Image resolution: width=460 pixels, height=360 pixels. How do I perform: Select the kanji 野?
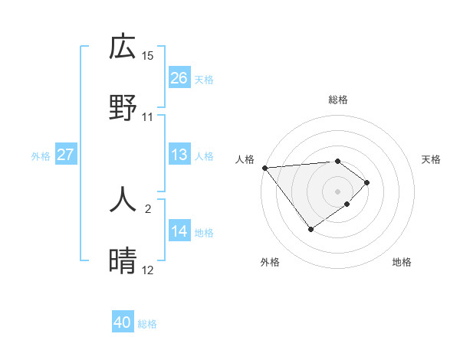point(123,107)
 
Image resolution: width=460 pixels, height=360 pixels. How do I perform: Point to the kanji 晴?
point(123,261)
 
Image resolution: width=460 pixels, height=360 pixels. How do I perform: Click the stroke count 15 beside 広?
point(148,56)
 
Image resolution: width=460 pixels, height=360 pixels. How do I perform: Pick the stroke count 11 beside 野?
point(148,117)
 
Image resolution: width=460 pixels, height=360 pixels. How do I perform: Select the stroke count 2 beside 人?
point(148,208)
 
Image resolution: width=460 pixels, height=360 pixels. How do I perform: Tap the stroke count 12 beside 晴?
point(148,270)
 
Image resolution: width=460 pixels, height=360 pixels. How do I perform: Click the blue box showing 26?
point(179,78)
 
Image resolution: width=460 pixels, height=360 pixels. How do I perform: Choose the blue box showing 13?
point(179,155)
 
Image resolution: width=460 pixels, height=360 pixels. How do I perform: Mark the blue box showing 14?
point(179,231)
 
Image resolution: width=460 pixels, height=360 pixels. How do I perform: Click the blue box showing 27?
point(66,155)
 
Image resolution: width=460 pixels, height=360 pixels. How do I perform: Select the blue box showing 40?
point(123,322)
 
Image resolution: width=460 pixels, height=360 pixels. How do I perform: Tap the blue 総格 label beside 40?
point(147,324)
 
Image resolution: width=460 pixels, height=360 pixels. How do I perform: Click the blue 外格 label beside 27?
point(41,156)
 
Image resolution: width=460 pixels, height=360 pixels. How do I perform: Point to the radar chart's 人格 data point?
point(264,168)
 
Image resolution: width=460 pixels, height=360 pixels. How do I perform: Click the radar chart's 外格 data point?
point(310,229)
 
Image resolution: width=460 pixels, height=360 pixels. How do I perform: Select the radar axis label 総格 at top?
point(337,100)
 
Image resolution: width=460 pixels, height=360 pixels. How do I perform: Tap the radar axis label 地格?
point(402,262)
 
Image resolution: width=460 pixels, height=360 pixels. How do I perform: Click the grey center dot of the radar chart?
point(337,191)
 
